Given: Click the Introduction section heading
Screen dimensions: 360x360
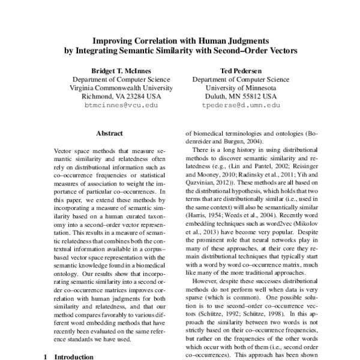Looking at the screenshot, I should tap(74, 357).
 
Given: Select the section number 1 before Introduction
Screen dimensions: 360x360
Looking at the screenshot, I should tap(46, 357).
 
